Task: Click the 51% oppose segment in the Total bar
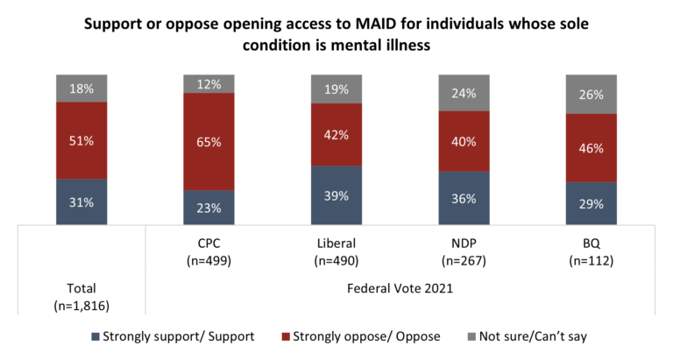[x=82, y=140]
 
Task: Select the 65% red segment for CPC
[x=209, y=141]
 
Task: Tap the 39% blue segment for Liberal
[x=336, y=194]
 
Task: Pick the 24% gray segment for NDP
[x=464, y=93]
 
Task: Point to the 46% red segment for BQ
[x=591, y=148]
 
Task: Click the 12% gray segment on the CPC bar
[x=209, y=84]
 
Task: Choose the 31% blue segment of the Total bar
[x=82, y=201]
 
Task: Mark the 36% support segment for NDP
[x=464, y=198]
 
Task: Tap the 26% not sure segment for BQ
[x=591, y=95]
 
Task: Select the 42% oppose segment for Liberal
[x=336, y=135]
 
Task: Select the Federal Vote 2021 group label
[x=399, y=287]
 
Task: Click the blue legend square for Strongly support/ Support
[x=95, y=336]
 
